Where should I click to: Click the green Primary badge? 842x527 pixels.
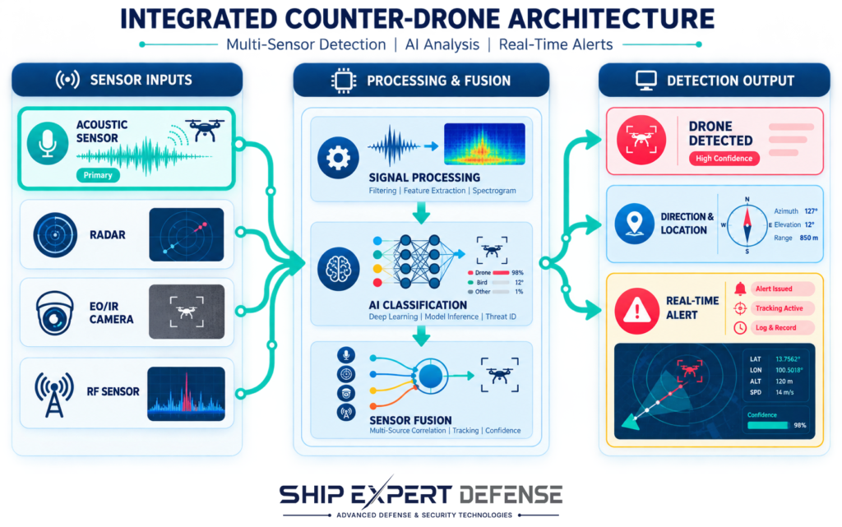click(98, 175)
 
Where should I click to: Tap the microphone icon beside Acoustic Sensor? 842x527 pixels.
click(47, 143)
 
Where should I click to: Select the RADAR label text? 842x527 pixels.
click(108, 234)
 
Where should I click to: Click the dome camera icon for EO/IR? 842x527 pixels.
click(54, 313)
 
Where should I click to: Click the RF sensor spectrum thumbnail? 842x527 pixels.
click(186, 393)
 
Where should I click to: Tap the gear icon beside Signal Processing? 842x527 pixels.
click(338, 158)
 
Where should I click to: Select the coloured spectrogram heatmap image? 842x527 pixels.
click(484, 143)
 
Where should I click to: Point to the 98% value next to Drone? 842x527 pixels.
click(517, 273)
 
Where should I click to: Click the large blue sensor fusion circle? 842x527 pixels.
click(431, 377)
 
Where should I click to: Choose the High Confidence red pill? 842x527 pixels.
click(724, 159)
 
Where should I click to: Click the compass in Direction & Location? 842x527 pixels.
click(747, 226)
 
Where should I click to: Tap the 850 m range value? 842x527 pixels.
click(809, 238)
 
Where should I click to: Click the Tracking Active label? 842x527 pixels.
click(780, 308)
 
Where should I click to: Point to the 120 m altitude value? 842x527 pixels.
click(784, 381)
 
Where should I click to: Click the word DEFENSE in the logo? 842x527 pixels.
click(511, 494)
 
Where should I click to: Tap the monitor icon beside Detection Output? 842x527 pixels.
click(646, 81)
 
